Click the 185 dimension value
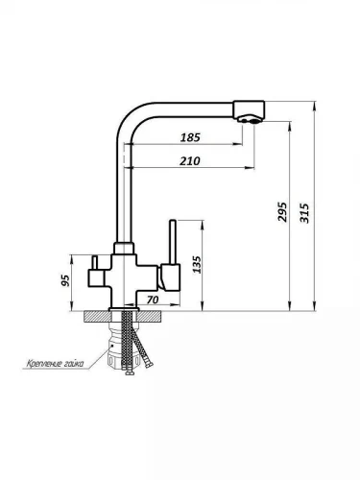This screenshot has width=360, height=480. coord(190,137)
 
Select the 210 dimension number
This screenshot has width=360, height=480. coord(190,161)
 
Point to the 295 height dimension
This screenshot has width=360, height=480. coord(282,211)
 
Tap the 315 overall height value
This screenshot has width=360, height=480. coord(304,213)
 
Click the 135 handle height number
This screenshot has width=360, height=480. coord(198,264)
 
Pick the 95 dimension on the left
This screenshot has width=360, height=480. coord(65,280)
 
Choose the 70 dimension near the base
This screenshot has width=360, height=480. coord(153,300)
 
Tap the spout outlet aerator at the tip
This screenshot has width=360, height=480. coord(250,120)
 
